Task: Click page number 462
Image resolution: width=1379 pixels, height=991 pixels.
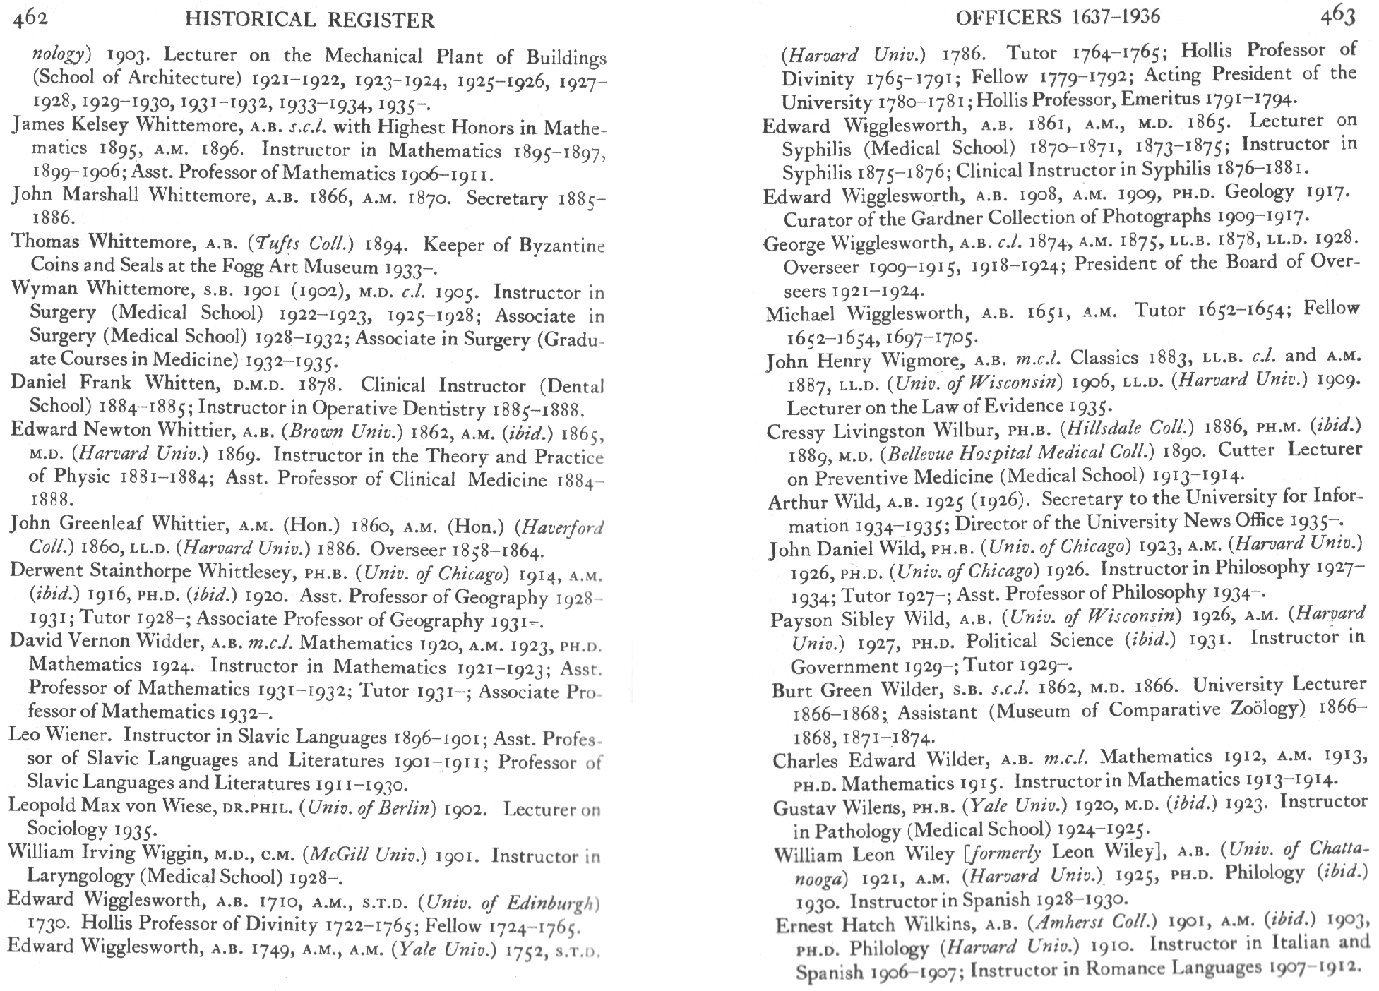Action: (31, 18)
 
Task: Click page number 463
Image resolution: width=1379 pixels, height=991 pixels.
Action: (1338, 15)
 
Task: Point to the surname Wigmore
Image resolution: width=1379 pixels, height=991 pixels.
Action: (921, 360)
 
